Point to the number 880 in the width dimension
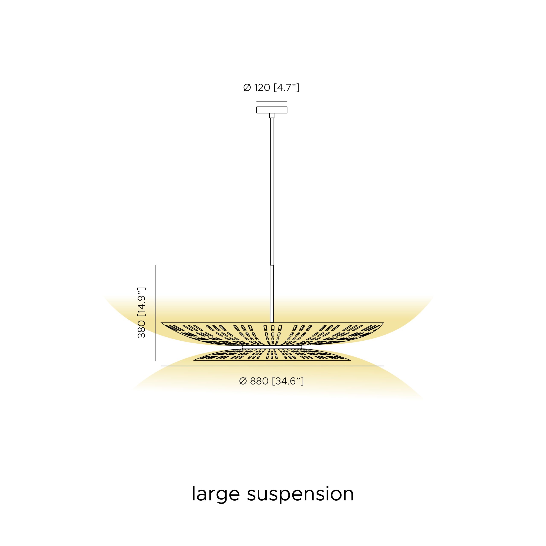tap(259, 381)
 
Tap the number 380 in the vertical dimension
tap(141, 329)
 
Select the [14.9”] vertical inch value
tap(141, 302)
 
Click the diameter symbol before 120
tap(247, 88)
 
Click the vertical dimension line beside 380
tap(155, 313)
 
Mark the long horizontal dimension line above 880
tap(272, 366)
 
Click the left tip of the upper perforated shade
tap(161, 322)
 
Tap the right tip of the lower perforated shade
tap(351, 360)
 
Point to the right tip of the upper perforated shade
tap(383, 322)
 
